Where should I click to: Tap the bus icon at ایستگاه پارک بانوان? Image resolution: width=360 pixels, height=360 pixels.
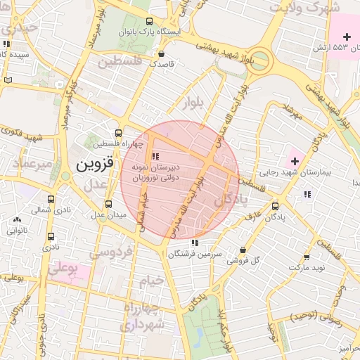[x=148, y=21]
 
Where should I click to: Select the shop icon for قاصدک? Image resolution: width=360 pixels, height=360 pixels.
[x=162, y=53]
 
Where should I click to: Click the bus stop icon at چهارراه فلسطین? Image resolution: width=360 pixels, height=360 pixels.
[x=117, y=132]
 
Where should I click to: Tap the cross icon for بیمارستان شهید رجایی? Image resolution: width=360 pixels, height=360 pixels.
[x=294, y=161]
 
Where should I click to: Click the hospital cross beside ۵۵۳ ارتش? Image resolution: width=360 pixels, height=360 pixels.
[x=347, y=37]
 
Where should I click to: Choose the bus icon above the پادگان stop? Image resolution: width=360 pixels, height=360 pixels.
[x=275, y=206]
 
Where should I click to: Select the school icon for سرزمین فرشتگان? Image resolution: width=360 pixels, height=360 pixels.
[x=195, y=242]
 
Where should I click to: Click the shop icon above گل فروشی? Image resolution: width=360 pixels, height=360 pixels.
[x=243, y=250]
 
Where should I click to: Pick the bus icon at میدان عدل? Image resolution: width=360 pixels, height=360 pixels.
[x=108, y=203]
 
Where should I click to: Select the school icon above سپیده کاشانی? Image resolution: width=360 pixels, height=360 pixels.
[x=6, y=44]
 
